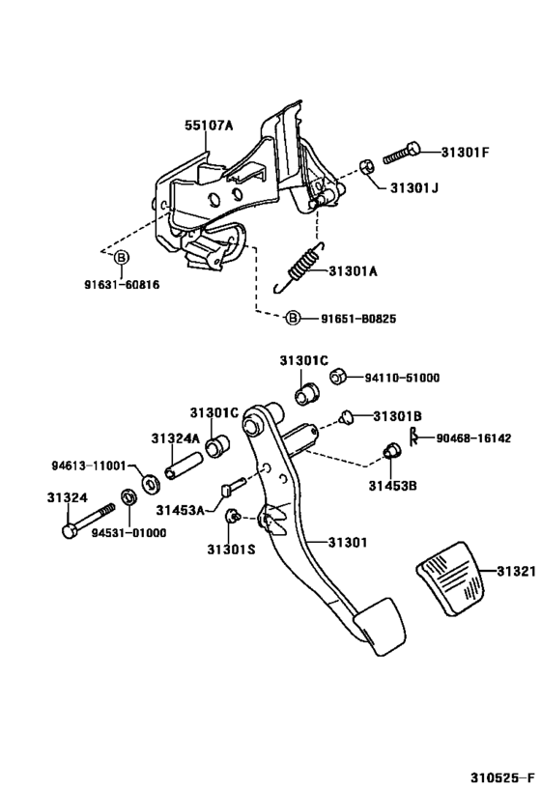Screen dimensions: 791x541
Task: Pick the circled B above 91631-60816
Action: coord(122,258)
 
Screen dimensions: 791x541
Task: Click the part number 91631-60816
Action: coord(121,285)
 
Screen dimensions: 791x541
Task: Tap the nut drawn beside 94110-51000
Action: coord(339,378)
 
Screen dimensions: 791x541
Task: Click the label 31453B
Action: coord(392,484)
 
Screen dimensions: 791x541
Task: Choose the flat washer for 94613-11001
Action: coord(150,482)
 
